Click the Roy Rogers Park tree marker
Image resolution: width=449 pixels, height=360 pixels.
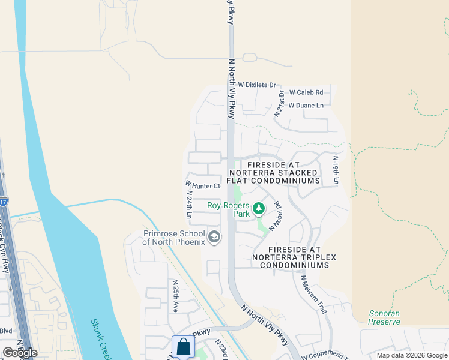tap(259, 209)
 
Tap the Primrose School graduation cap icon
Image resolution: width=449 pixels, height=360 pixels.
tap(214, 238)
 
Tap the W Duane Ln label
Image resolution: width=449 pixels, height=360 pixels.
tap(306, 106)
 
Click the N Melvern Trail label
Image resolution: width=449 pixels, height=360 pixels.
tap(313, 295)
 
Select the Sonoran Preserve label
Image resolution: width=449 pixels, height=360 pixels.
tap(384, 317)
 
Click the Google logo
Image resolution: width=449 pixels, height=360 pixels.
tap(19, 352)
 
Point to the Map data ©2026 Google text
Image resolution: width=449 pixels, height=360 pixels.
tap(411, 355)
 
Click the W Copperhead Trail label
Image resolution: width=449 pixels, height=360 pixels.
tap(325, 356)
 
